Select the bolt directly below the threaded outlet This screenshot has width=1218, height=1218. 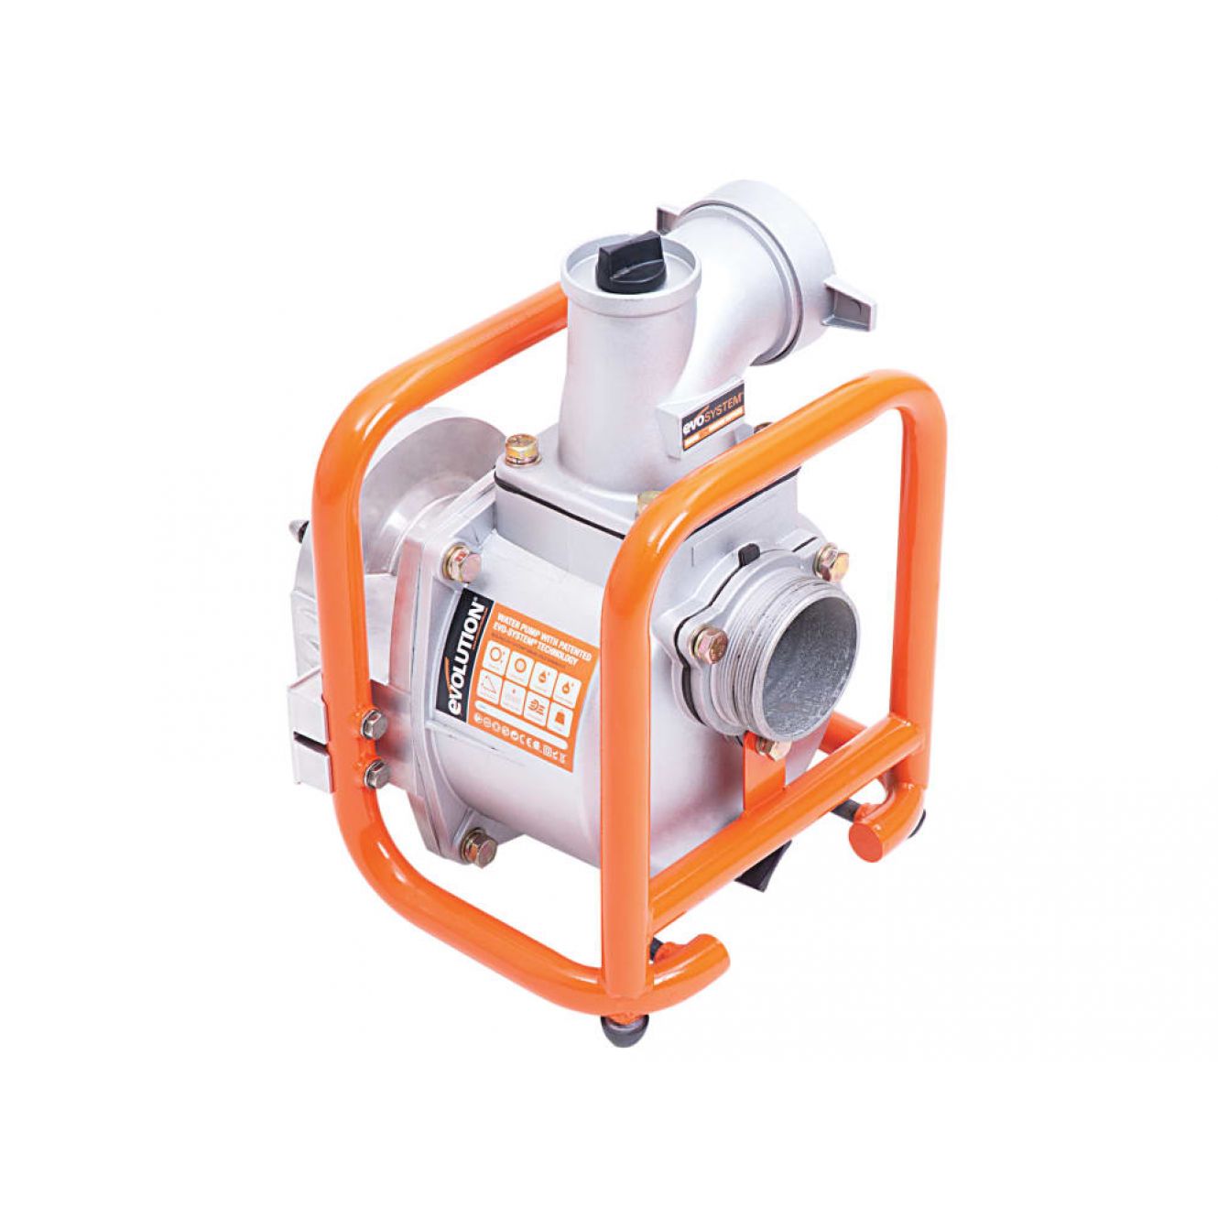click(x=775, y=746)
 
